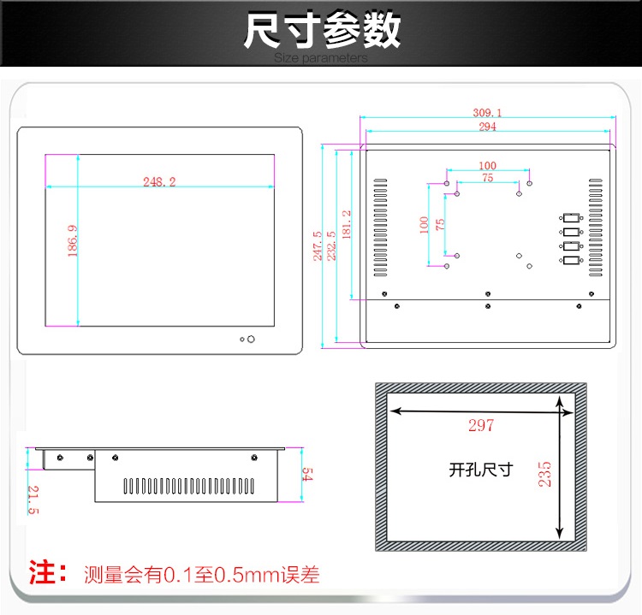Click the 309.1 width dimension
[487, 113]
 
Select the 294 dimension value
[488, 127]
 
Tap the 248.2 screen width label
[159, 181]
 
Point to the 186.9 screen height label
[73, 240]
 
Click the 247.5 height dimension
[318, 246]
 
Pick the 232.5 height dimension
[331, 245]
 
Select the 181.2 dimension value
[347, 225]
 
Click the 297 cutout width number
[481, 425]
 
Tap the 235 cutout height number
[544, 474]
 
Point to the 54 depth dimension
[307, 474]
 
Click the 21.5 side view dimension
[33, 500]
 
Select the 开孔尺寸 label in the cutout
[481, 470]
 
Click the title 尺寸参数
[322, 30]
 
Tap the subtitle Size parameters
[321, 57]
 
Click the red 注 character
[42, 572]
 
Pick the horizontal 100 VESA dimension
[488, 165]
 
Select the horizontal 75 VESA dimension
[488, 178]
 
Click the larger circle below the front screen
[251, 340]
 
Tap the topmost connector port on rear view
[571, 218]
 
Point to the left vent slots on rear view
[380, 228]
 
